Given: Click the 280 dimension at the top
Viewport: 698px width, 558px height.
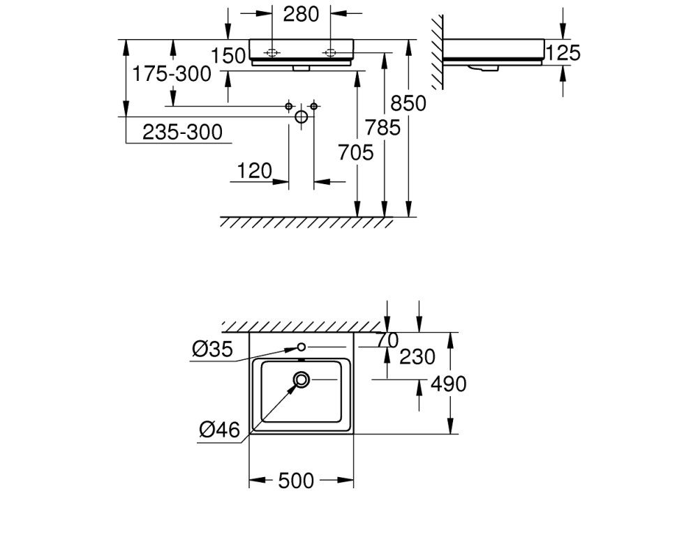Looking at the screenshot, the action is coord(302,14).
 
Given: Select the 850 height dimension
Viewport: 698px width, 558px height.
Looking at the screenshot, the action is coord(408,104).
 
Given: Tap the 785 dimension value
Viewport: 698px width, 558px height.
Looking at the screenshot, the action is coord(383,128).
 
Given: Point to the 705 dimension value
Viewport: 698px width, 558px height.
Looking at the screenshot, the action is coord(356,153).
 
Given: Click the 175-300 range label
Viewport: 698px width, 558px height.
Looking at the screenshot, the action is coord(172,74).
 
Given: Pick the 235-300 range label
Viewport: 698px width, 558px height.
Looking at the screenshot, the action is coord(182,133).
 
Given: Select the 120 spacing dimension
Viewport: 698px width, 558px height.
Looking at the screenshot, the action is coord(255,171).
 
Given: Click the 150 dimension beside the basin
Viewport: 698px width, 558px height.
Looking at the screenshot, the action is coord(228,56).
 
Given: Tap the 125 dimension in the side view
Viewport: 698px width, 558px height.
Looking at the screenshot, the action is coord(563,53).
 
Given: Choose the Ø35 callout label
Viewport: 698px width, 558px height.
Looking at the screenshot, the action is coord(212,349).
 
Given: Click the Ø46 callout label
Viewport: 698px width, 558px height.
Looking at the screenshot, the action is coord(219,430).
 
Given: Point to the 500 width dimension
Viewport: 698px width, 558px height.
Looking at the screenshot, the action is coord(296,481).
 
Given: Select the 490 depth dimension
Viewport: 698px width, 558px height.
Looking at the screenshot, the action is coord(448,384).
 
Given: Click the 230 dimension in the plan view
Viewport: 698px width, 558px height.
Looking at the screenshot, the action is coord(417,357).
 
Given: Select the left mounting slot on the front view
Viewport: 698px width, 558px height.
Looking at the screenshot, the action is coord(272,53).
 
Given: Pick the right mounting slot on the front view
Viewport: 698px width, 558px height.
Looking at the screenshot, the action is coord(330,53).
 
